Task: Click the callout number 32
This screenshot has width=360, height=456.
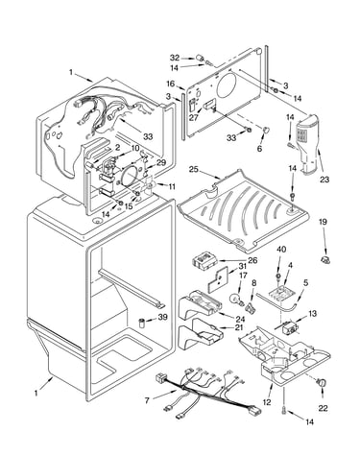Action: [x=175, y=58]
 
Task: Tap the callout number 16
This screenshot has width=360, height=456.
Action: [x=171, y=84]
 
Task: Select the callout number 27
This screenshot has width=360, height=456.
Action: [x=194, y=117]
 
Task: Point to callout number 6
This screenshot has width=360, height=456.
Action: [x=259, y=149]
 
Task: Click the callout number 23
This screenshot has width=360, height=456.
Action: [x=324, y=180]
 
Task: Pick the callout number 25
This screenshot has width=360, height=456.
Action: [x=194, y=169]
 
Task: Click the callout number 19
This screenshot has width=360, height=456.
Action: [x=323, y=222]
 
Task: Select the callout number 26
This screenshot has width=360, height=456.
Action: [x=252, y=260]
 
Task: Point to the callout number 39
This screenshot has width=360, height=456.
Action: [x=163, y=317]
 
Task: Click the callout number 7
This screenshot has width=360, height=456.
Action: [x=147, y=400]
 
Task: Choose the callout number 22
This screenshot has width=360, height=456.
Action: [x=324, y=408]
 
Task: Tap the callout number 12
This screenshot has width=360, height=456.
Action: [x=267, y=402]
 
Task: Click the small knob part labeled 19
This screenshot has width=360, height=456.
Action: [x=325, y=260]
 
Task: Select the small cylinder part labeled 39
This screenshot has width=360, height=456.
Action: [x=142, y=323]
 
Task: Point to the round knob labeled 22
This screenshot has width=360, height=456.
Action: [x=323, y=382]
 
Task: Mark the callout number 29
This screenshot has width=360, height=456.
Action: [x=161, y=162]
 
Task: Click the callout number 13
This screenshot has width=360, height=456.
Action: [x=312, y=313]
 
